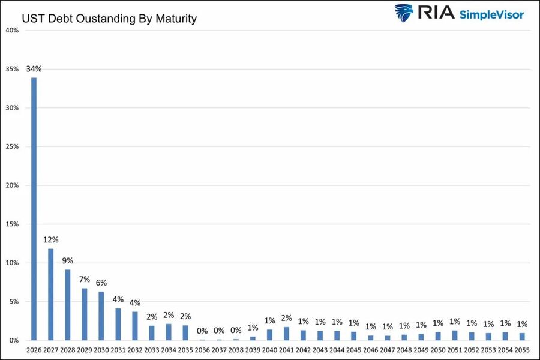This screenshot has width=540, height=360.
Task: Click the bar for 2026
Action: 34,209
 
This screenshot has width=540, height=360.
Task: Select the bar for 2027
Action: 50,295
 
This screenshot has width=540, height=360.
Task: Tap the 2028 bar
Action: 67,305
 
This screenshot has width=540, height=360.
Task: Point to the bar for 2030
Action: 101,316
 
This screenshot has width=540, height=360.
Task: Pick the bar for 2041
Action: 287,334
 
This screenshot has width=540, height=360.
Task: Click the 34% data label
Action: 34,69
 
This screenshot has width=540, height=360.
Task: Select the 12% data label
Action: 50,240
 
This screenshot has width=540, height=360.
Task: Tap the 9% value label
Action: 67,261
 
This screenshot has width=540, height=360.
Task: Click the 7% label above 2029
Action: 85,280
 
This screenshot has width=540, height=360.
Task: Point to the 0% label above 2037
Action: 219,331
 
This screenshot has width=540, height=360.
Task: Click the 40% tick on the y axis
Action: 12,31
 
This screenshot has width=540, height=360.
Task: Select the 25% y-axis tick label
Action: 12,147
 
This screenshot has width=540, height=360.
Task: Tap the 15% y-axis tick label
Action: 12,224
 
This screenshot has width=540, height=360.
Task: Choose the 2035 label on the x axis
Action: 185,350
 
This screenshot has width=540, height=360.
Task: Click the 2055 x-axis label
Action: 522,350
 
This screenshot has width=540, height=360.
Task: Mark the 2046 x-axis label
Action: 371,350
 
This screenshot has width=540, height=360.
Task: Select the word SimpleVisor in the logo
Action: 491,14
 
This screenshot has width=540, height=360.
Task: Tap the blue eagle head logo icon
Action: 404,13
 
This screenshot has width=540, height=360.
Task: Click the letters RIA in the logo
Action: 436,13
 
